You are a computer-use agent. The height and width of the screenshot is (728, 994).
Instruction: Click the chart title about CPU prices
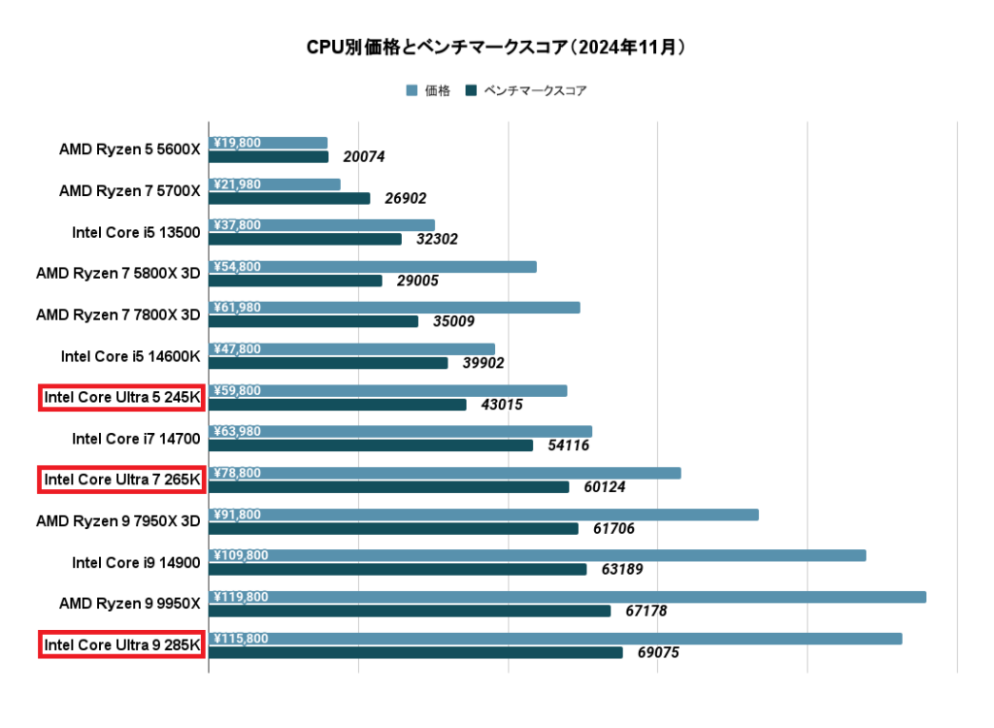pos(496,47)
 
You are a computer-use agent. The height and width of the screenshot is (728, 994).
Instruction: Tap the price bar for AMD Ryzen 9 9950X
pos(567,597)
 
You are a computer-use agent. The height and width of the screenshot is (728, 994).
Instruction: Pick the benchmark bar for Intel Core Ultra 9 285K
pos(415,652)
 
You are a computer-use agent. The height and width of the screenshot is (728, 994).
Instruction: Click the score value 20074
pos(365,157)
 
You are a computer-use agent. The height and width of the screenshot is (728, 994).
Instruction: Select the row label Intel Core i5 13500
pos(136,232)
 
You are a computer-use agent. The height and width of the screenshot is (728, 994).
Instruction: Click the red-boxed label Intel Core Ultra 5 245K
pos(121,397)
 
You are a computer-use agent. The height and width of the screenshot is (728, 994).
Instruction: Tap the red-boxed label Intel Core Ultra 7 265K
pos(121,480)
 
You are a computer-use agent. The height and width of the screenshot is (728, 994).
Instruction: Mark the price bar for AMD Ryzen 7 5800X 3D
pos(373,267)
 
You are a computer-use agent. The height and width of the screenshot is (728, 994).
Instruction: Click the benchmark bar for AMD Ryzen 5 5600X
pos(269,156)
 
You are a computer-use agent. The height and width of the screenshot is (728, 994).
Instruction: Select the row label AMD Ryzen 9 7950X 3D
pos(117,521)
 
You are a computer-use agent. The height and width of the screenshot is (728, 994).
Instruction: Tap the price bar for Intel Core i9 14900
pos(537,555)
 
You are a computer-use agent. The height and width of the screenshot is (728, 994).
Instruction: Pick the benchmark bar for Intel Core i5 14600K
pos(328,363)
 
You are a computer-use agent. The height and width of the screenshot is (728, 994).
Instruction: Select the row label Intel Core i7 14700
pos(136,439)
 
